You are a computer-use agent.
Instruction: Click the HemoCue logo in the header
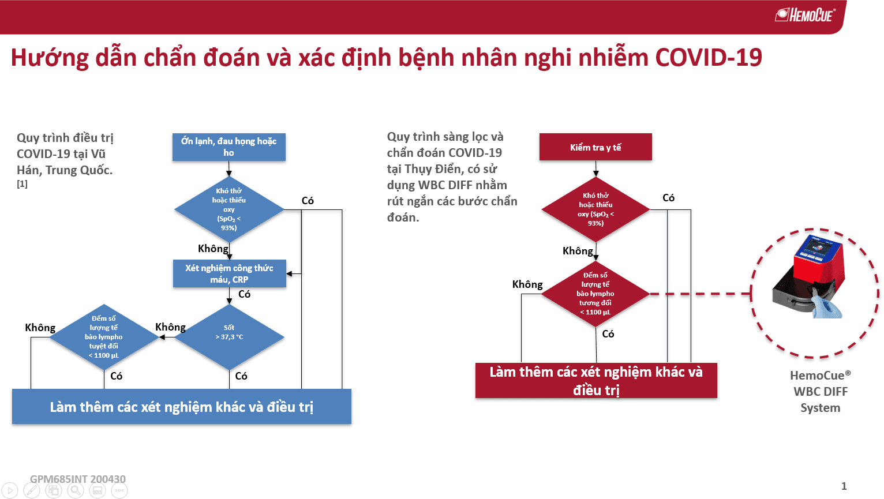click(806, 14)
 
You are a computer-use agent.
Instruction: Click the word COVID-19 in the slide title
click(708, 58)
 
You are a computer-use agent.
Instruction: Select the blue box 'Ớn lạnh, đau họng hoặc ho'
click(229, 147)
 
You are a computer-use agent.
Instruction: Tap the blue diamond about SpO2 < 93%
click(229, 209)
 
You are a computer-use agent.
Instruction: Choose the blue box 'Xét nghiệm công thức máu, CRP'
click(229, 273)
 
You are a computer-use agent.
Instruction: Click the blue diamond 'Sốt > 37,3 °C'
click(229, 336)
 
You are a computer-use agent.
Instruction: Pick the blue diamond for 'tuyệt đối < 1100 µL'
click(104, 337)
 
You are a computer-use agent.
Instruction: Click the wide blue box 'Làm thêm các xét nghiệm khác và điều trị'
click(182, 407)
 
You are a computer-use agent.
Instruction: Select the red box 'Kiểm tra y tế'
click(595, 147)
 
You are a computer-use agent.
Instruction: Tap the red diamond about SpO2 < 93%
click(595, 209)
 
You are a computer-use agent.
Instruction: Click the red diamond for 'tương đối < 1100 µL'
click(595, 294)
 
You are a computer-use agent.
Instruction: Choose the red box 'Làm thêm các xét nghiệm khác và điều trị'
click(596, 381)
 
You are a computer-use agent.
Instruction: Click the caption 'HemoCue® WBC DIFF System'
click(820, 392)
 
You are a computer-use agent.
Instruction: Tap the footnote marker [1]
click(22, 184)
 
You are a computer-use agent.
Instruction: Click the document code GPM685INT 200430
click(78, 479)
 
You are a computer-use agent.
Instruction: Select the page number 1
click(844, 486)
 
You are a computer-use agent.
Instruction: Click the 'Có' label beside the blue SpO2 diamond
click(308, 201)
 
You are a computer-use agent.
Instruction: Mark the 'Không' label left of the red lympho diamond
click(527, 284)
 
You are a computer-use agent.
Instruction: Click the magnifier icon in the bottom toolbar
click(76, 491)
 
